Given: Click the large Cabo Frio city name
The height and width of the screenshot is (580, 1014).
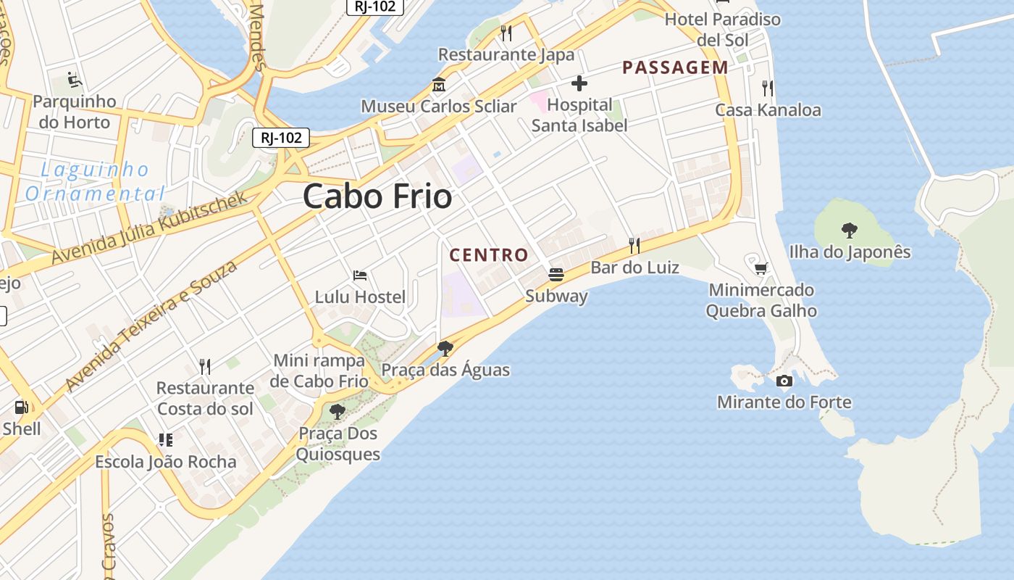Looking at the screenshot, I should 377,196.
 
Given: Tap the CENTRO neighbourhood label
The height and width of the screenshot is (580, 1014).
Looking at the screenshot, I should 489,255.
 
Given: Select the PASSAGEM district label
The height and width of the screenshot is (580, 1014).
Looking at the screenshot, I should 675,67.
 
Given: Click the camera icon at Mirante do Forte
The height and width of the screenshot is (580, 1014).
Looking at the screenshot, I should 784,381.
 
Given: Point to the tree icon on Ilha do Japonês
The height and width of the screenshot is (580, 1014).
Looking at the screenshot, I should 849,231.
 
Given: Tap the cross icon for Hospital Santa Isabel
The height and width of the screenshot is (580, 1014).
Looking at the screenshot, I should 579,83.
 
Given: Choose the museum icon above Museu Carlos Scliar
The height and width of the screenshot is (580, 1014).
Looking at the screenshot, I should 438,85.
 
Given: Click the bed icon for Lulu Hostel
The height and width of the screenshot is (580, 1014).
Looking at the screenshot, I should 360,275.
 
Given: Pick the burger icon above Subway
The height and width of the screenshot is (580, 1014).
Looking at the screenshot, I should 556,274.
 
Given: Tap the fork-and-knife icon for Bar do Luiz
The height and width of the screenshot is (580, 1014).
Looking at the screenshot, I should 634,245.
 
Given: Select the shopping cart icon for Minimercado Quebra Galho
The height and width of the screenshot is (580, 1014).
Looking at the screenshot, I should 760,269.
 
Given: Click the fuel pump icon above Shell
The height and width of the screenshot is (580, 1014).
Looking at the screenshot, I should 22,407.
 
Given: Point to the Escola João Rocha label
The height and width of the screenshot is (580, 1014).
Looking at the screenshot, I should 166,462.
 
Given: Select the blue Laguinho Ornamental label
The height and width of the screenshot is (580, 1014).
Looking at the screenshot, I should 95,182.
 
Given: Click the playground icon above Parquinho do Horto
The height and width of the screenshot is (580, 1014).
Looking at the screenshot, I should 74,79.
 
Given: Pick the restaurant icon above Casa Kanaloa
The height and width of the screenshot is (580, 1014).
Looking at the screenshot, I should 768,88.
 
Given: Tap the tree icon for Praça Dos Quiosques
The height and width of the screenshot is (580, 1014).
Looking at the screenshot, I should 337,412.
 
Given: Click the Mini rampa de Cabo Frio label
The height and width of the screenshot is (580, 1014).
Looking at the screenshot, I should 319,370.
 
